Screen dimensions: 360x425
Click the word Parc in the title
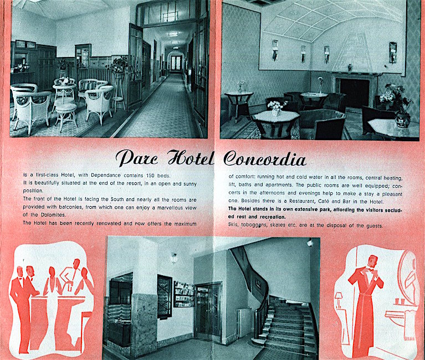pyautogui.click(x=136, y=159)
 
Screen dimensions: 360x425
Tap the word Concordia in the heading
pyautogui.click(x=264, y=159)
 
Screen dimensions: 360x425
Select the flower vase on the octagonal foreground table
pyautogui.click(x=277, y=106)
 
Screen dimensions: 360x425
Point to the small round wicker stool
pyautogui.click(x=65, y=115)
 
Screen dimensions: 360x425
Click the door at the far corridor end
pyautogui.click(x=176, y=63)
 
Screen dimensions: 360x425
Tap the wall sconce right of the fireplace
pyautogui.click(x=393, y=52)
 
